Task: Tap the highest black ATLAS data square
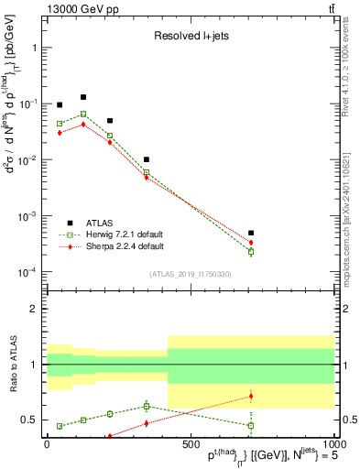(x=83, y=97)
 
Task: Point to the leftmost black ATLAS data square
(x=60, y=105)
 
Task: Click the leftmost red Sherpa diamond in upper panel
(x=60, y=133)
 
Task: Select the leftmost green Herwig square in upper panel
(x=60, y=123)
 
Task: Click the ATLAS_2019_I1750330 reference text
(x=190, y=274)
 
